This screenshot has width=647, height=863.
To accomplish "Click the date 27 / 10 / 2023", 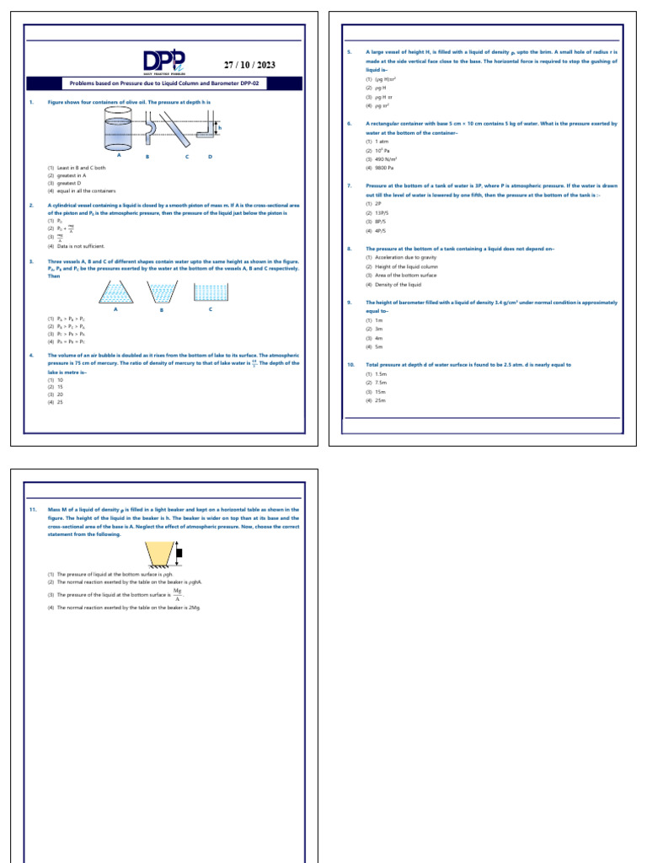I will (x=249, y=65).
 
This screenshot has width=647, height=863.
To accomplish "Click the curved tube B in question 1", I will (x=150, y=132).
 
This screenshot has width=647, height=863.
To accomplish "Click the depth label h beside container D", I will (x=222, y=128).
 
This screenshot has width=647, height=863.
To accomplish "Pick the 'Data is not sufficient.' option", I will (x=80, y=245).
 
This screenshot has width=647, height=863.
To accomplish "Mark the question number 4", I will (x=30, y=356).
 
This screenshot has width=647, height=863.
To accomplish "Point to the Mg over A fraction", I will (x=178, y=595).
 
